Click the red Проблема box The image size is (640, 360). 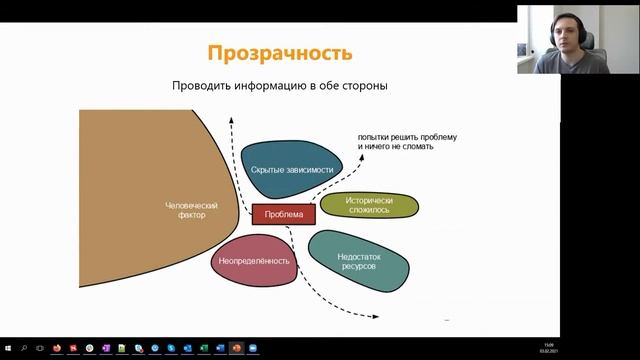coord(283,213)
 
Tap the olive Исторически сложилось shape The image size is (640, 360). coord(369,204)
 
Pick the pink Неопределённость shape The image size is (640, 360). coord(253,261)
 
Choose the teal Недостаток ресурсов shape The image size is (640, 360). coord(358,261)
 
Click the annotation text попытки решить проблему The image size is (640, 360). coord(407,136)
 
